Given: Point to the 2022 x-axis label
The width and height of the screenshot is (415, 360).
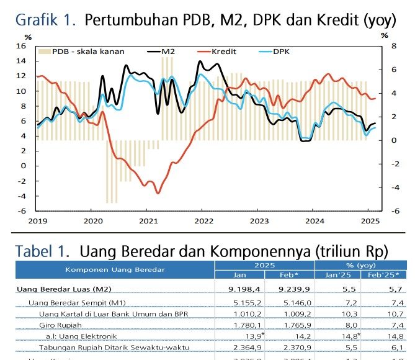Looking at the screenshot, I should (x=204, y=220).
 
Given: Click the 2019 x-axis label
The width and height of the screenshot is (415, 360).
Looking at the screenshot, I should (x=37, y=220).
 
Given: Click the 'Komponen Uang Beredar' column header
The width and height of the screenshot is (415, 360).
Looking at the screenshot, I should (x=115, y=269).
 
